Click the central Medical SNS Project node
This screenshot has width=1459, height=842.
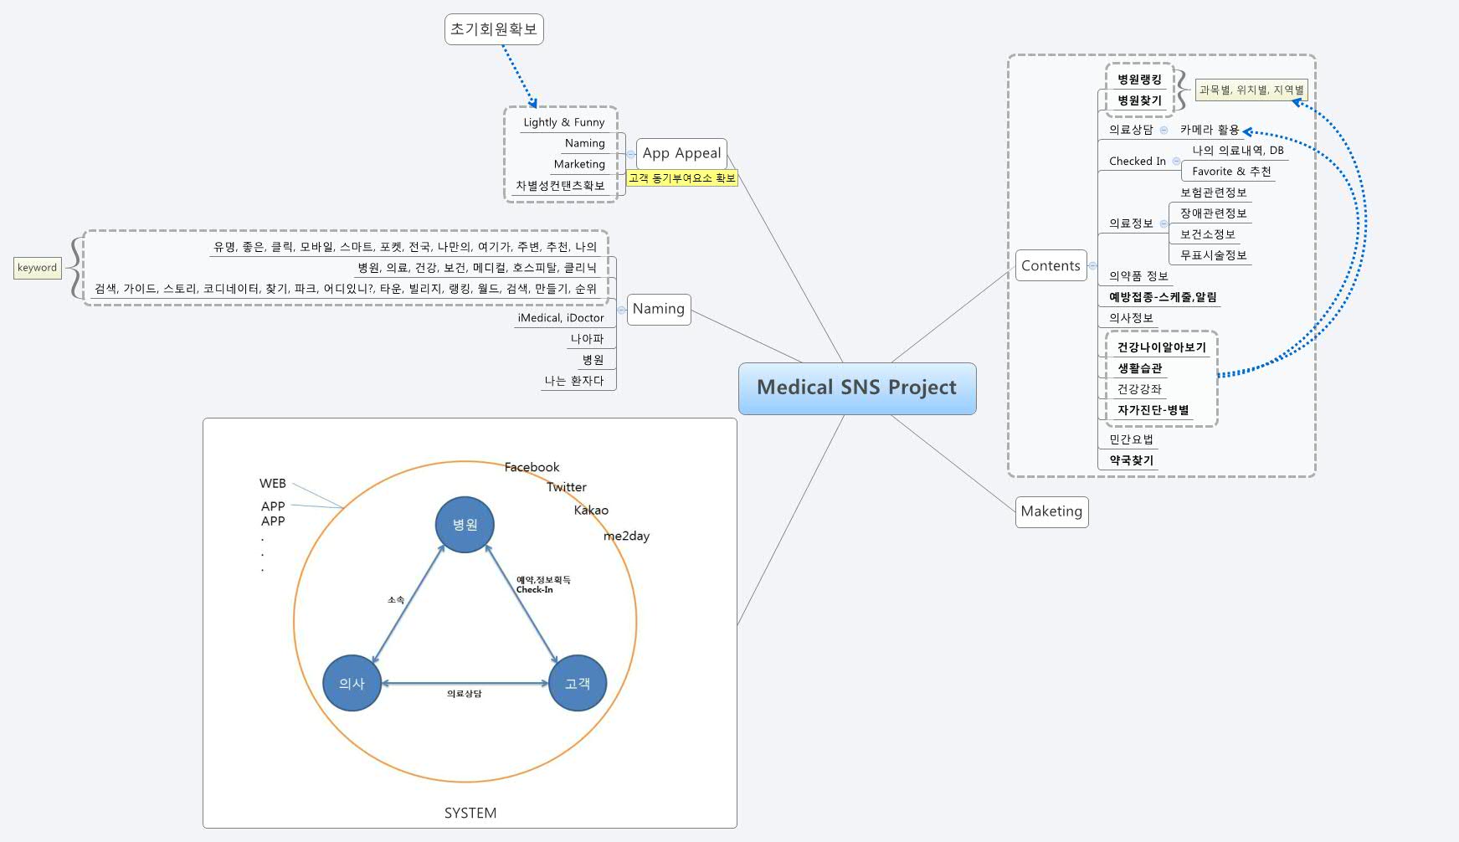[856, 388]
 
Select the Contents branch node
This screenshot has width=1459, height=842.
[1051, 265]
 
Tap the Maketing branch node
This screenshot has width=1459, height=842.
[1051, 511]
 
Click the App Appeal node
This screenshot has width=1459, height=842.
[681, 153]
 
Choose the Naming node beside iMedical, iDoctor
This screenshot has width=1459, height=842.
[659, 309]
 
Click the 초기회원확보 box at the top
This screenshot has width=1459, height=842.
[494, 29]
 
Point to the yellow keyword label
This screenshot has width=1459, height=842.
[38, 268]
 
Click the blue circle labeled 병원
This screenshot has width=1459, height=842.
[465, 525]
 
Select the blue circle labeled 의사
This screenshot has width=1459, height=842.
[352, 683]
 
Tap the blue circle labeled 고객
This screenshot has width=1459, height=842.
[577, 683]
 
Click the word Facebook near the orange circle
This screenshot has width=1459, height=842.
[532, 467]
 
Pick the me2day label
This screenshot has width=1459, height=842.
[626, 536]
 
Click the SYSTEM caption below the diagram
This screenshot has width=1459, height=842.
[470, 813]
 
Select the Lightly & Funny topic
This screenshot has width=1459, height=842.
[563, 122]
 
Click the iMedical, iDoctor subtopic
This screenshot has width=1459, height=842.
[560, 318]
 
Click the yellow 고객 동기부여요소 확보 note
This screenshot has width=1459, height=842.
[681, 178]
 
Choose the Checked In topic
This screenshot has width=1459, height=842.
[1137, 161]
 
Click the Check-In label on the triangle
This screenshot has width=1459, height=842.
[534, 589]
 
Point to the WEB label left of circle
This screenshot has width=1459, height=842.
[272, 484]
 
